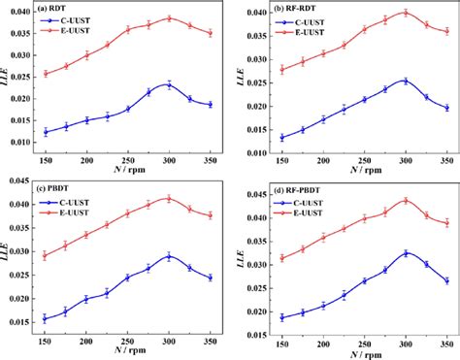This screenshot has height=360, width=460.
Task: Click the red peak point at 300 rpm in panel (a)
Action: coord(169,18)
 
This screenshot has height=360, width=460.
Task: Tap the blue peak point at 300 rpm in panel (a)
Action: coord(169,84)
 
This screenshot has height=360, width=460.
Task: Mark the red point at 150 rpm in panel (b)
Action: coord(281,69)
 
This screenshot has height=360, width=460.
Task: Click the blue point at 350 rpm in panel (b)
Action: coord(446,108)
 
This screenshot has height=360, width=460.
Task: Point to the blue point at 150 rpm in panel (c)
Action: coord(45,318)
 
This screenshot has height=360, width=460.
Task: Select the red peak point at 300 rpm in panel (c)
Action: coord(169,199)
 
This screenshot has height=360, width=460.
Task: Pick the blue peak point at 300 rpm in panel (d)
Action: coord(406,252)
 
